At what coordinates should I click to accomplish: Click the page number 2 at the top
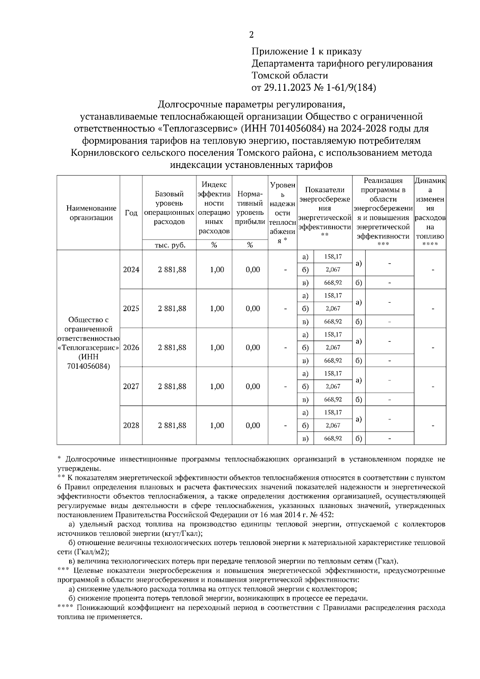[x=251, y=35]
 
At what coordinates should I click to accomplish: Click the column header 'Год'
[x=131, y=213]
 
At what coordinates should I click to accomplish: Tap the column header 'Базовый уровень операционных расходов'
[x=169, y=208]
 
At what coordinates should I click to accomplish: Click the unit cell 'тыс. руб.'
[x=170, y=245]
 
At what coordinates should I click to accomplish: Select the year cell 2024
[x=131, y=270]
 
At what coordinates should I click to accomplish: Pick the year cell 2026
[x=131, y=347]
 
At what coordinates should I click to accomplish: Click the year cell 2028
[x=131, y=425]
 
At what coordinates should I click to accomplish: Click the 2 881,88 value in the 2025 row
[x=172, y=308]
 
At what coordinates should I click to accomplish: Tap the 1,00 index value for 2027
[x=217, y=386]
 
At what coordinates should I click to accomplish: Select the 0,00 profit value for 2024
[x=253, y=270]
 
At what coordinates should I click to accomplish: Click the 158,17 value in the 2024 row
[x=333, y=256]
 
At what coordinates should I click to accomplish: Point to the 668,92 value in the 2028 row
[x=333, y=438]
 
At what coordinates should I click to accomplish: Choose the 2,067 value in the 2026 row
[x=333, y=347]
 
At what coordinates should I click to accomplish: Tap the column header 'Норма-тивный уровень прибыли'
[x=250, y=208]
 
